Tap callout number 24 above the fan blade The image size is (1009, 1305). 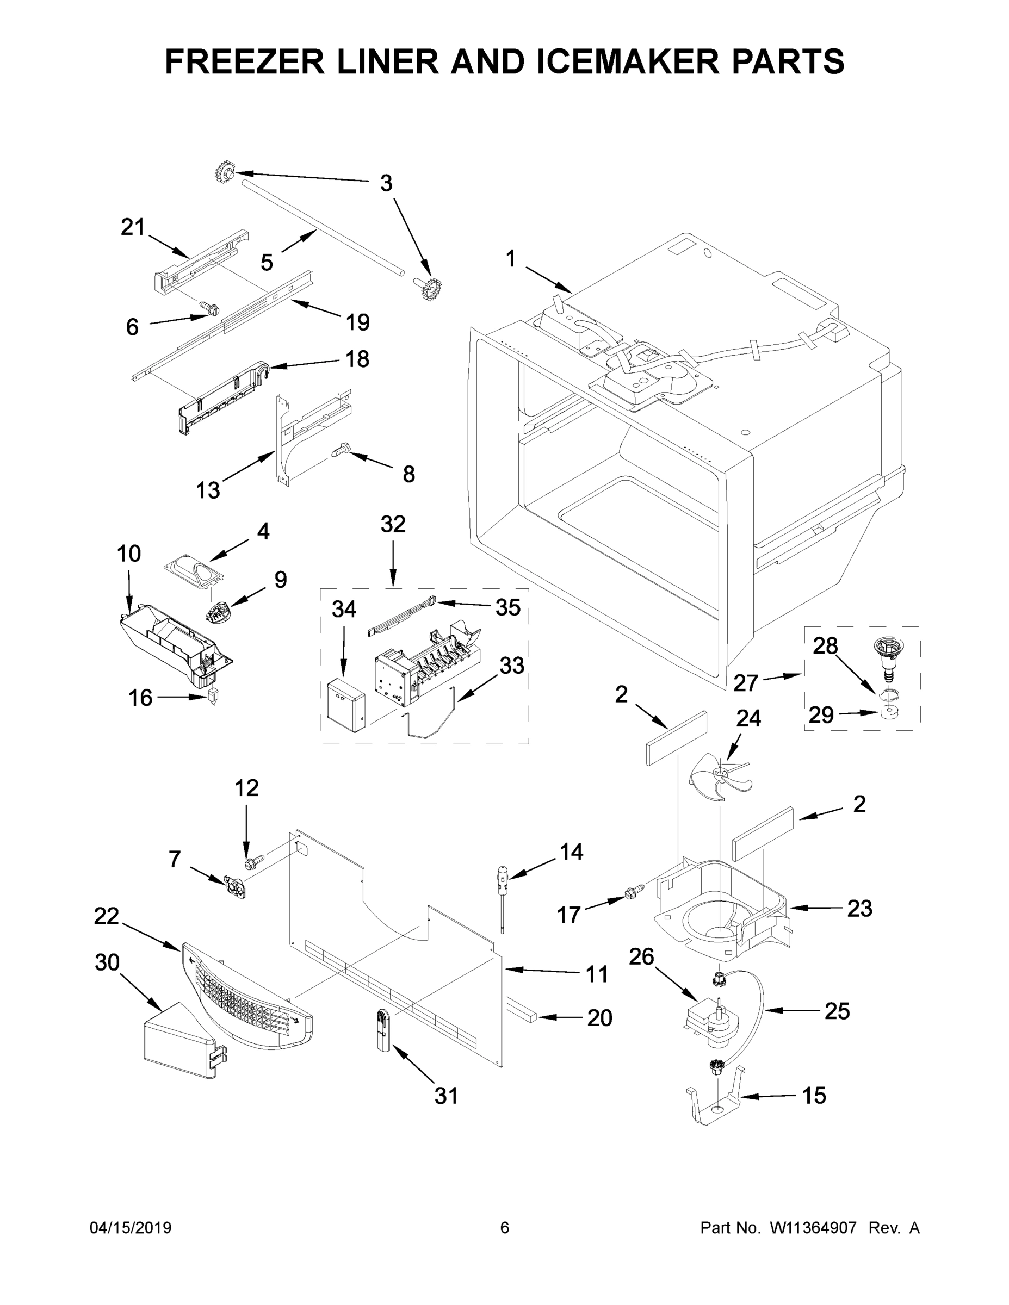pyautogui.click(x=748, y=718)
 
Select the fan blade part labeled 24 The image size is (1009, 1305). pyautogui.click(x=717, y=778)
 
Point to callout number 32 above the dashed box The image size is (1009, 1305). pyautogui.click(x=393, y=524)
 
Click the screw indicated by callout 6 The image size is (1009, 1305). pyautogui.click(x=211, y=308)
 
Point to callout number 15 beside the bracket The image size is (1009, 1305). pyautogui.click(x=814, y=1095)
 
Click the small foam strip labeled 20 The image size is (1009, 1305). pyautogui.click(x=524, y=1015)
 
